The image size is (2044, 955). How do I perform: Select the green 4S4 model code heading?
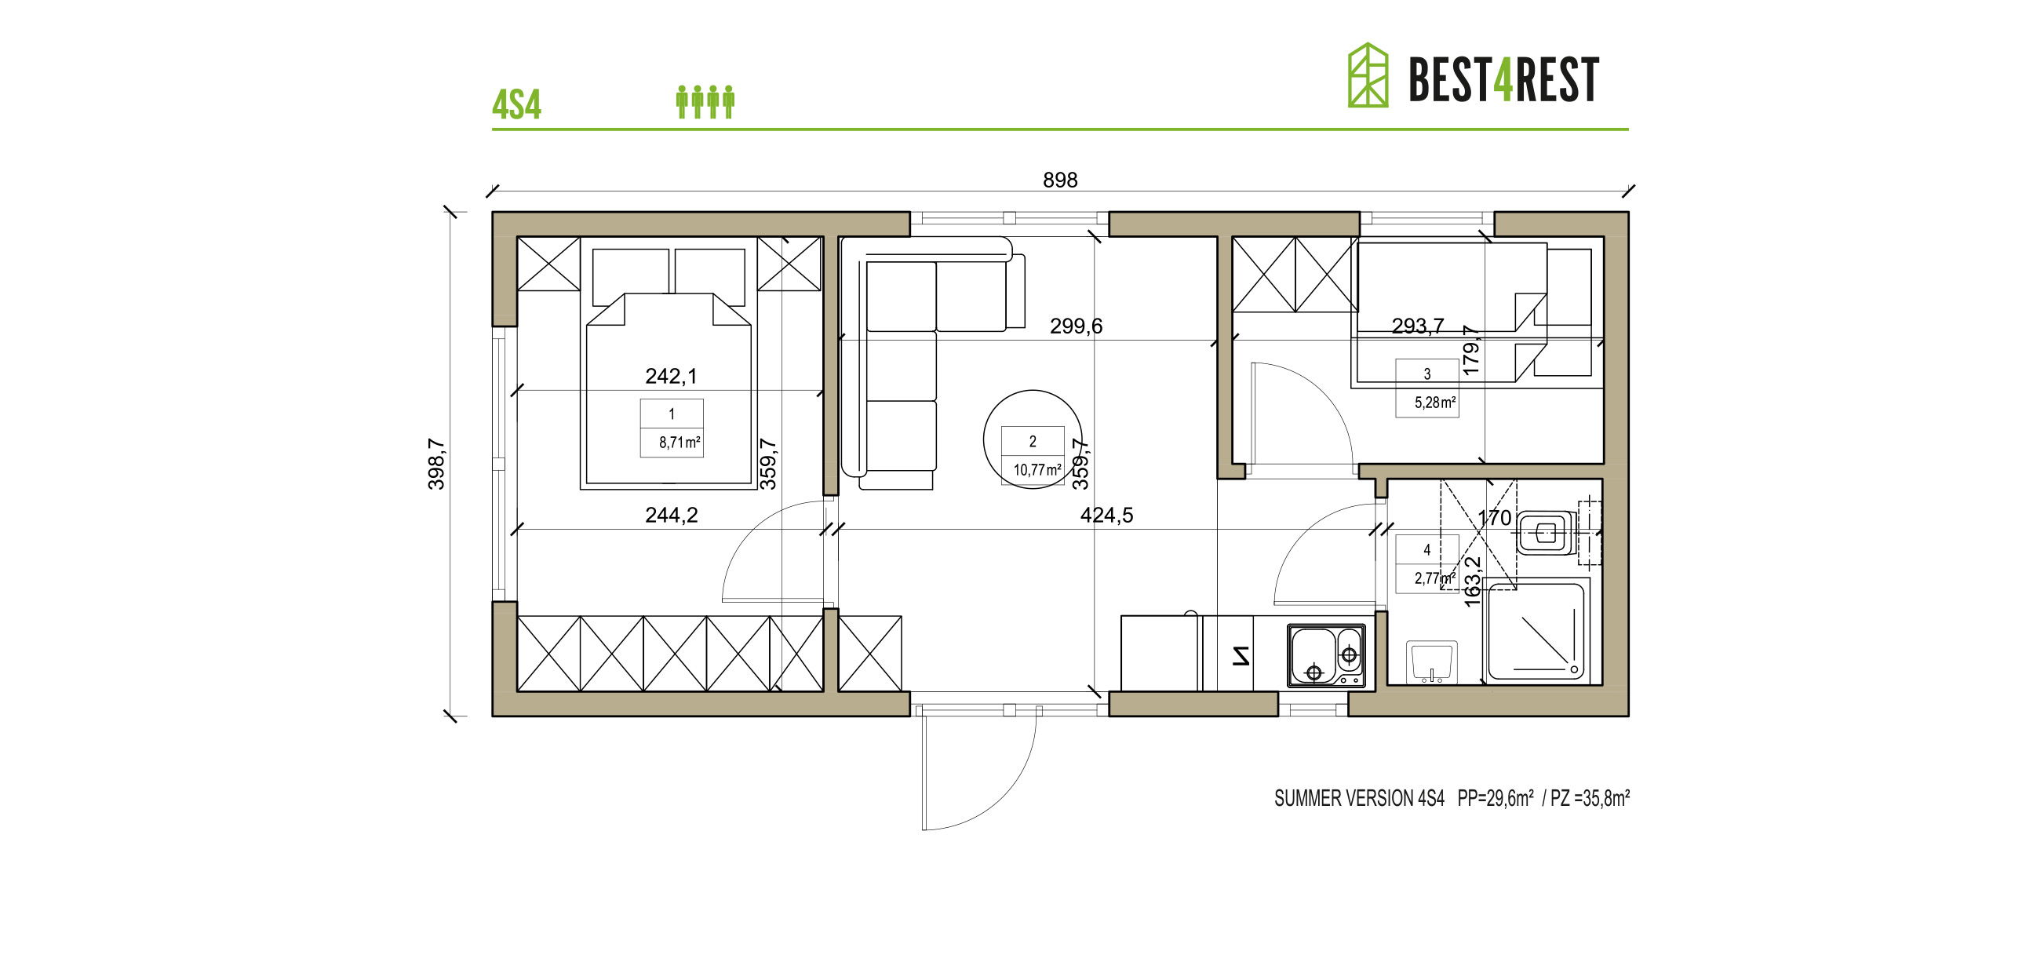tap(516, 105)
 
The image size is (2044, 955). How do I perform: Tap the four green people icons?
tap(705, 101)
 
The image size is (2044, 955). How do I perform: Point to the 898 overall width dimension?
tap(1059, 180)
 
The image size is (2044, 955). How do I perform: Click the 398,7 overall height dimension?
tap(436, 465)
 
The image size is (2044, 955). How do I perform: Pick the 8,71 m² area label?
tap(679, 443)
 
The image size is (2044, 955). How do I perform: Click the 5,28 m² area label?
tap(1434, 403)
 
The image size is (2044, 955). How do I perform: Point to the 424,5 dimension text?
tap(1106, 516)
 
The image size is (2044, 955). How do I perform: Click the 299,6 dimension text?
tap(1076, 326)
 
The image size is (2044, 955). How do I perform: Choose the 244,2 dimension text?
tap(672, 516)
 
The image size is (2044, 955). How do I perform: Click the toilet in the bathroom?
tap(1546, 532)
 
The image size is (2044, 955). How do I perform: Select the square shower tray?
tap(1536, 632)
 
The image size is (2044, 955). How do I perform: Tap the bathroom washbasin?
tap(1431, 662)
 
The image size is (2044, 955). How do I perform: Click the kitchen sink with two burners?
tap(1327, 655)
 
